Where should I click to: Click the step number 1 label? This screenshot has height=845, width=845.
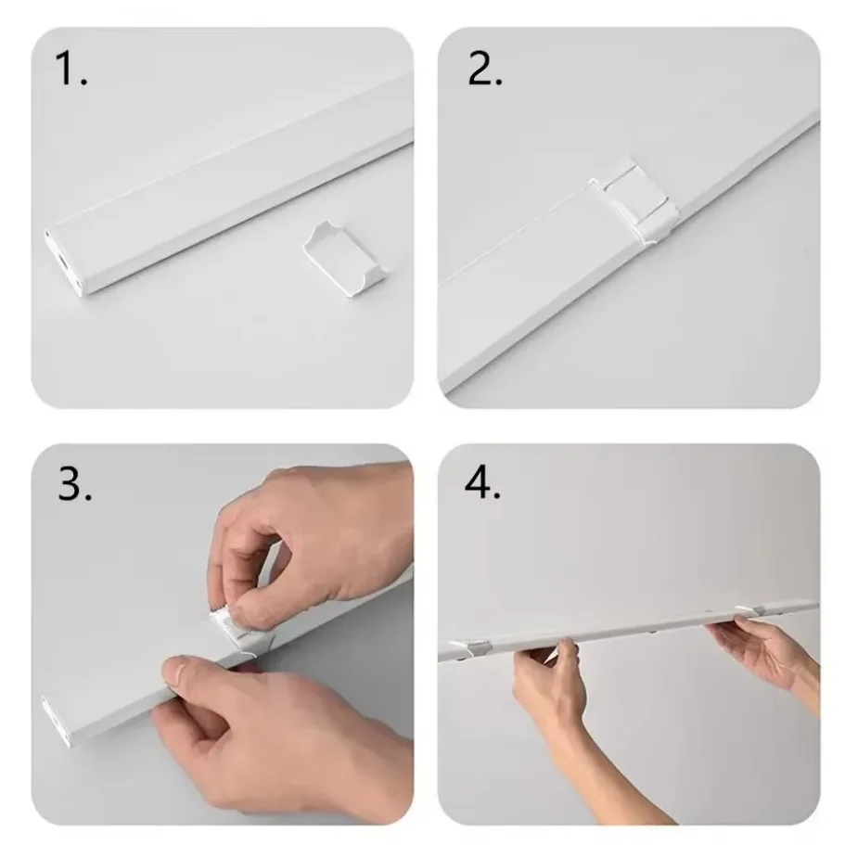pyautogui.click(x=66, y=70)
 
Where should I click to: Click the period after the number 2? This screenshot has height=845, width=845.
pyautogui.click(x=498, y=82)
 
